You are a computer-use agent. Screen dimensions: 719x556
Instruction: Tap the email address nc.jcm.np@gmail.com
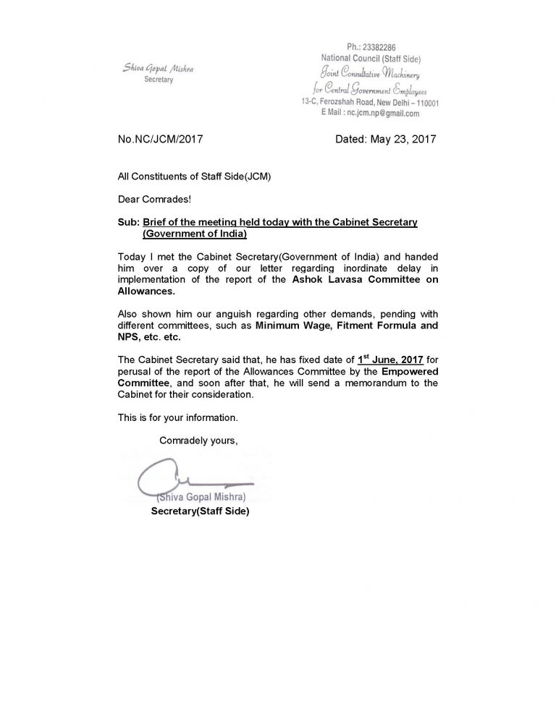click(x=384, y=114)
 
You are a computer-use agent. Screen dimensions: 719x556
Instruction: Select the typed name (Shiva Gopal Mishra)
click(x=201, y=498)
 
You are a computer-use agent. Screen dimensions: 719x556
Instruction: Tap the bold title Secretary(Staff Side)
click(x=200, y=511)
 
